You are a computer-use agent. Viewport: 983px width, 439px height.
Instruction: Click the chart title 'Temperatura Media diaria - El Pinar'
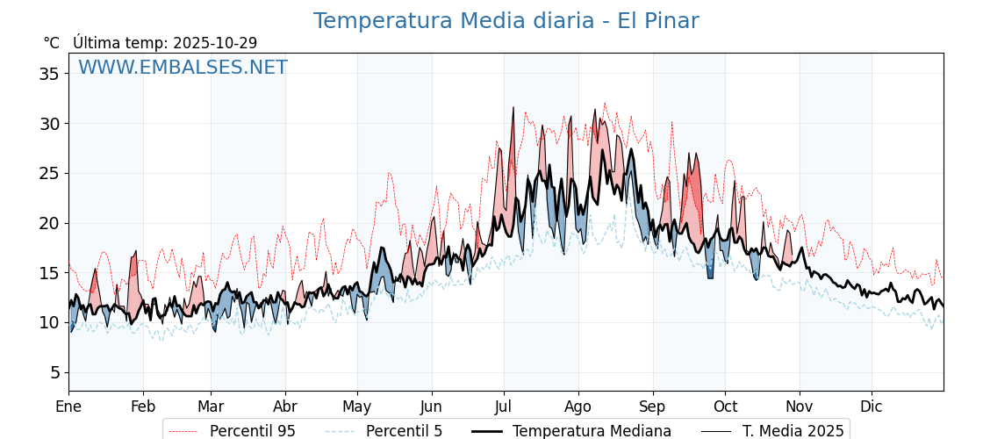pyautogui.click(x=506, y=21)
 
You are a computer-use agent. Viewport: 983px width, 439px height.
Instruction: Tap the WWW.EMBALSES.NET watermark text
pyautogui.click(x=183, y=68)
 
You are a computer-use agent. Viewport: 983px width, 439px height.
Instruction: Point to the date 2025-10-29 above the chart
pyautogui.click(x=215, y=43)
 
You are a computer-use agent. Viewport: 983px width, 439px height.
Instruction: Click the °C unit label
pyautogui.click(x=51, y=43)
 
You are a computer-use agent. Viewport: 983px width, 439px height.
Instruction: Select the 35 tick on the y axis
pyautogui.click(x=48, y=74)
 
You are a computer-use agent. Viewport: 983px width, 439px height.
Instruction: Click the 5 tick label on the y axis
pyautogui.click(x=54, y=372)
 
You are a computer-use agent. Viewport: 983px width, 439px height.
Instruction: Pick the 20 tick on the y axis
pyautogui.click(x=48, y=223)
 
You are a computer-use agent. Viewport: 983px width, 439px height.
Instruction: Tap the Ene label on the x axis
pyautogui.click(x=68, y=407)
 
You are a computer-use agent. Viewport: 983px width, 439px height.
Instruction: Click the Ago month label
pyautogui.click(x=578, y=407)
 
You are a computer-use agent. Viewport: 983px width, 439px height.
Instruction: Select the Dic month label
pyautogui.click(x=872, y=407)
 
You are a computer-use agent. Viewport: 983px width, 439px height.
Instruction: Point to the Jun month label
pyautogui.click(x=431, y=407)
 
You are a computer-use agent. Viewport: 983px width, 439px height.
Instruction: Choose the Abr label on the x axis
pyautogui.click(x=285, y=407)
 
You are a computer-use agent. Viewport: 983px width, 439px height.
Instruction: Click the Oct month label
pyautogui.click(x=725, y=407)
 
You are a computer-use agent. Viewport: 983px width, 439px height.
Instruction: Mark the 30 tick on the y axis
pyautogui.click(x=48, y=124)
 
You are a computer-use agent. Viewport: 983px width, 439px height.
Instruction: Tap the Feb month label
pyautogui.click(x=143, y=407)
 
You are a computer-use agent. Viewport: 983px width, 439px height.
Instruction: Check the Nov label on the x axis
pyautogui.click(x=800, y=407)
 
